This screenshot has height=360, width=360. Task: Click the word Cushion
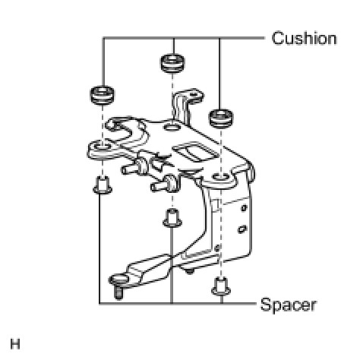(304, 39)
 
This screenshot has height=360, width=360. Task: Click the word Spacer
(289, 305)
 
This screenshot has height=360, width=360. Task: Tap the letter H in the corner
(15, 344)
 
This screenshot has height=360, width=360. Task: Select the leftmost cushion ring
(102, 95)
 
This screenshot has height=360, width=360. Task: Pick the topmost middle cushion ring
(172, 63)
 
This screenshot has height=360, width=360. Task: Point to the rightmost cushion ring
(221, 118)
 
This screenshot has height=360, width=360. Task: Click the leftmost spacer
(103, 185)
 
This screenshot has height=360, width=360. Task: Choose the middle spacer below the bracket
(172, 218)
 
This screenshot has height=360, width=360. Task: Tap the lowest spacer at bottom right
(221, 286)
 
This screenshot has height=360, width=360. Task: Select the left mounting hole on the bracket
(103, 147)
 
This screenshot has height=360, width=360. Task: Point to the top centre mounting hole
(172, 127)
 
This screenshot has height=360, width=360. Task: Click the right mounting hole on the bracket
(221, 176)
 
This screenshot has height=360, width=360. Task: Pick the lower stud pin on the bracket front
(163, 185)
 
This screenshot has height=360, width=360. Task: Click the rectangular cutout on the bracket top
(195, 153)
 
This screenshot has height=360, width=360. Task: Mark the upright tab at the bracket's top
(186, 106)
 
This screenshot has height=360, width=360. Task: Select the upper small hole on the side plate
(244, 208)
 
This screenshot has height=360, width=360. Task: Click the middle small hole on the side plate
(242, 229)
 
